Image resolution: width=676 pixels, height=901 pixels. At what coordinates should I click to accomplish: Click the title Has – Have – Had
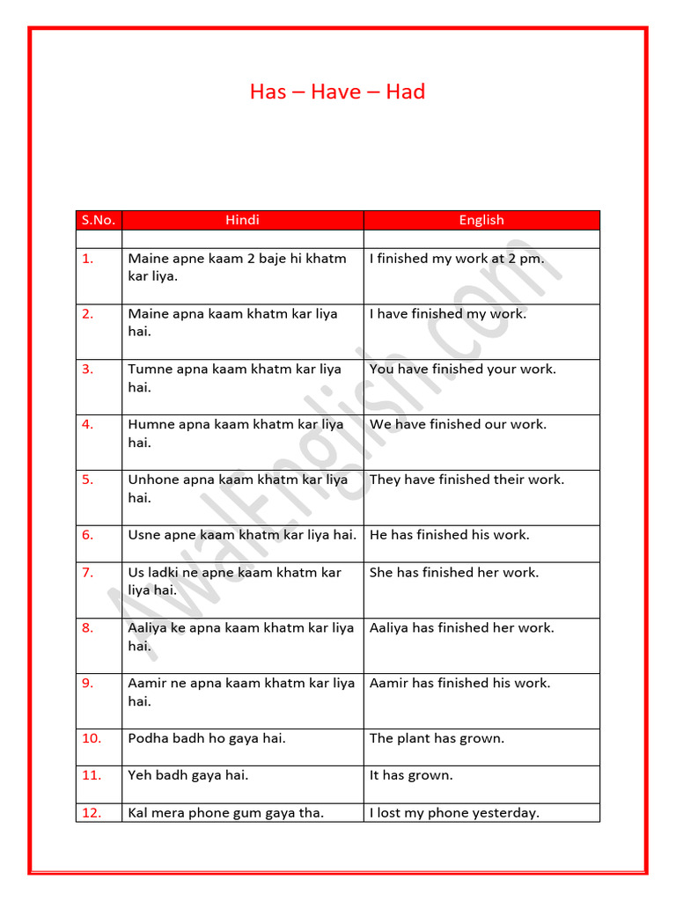(x=337, y=92)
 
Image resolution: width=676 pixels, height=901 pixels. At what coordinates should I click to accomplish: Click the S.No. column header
(x=99, y=220)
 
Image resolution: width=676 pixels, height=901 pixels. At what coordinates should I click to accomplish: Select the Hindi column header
(x=242, y=220)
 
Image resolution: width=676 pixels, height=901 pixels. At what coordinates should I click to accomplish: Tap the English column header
(x=481, y=220)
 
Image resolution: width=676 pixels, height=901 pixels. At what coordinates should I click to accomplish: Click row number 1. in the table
(x=87, y=259)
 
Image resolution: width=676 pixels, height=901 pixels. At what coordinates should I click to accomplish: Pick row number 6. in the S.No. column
(x=87, y=535)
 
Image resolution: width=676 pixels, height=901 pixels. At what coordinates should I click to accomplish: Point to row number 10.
(x=92, y=738)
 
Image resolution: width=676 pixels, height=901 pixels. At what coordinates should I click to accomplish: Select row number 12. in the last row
(x=92, y=813)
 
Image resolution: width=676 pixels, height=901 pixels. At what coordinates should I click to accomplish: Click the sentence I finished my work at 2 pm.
(x=457, y=259)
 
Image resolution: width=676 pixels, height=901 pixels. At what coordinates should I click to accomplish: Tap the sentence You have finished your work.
(x=463, y=369)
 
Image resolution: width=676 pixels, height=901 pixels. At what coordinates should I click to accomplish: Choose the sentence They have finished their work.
(x=467, y=480)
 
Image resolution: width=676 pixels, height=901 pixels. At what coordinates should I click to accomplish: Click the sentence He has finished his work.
(x=450, y=535)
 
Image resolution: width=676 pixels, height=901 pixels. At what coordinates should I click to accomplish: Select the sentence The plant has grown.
(x=437, y=738)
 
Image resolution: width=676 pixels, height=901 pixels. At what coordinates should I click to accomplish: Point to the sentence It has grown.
(x=411, y=775)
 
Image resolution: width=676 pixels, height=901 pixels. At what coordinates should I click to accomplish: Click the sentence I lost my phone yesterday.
(x=454, y=813)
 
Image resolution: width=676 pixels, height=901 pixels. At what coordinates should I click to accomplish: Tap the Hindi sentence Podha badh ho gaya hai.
(x=207, y=738)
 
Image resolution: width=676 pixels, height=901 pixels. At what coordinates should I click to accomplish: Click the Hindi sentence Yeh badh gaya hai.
(x=188, y=775)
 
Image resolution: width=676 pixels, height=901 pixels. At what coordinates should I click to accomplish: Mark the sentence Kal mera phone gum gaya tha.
(x=226, y=813)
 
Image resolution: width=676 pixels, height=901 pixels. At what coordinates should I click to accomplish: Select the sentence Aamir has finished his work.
(x=459, y=683)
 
